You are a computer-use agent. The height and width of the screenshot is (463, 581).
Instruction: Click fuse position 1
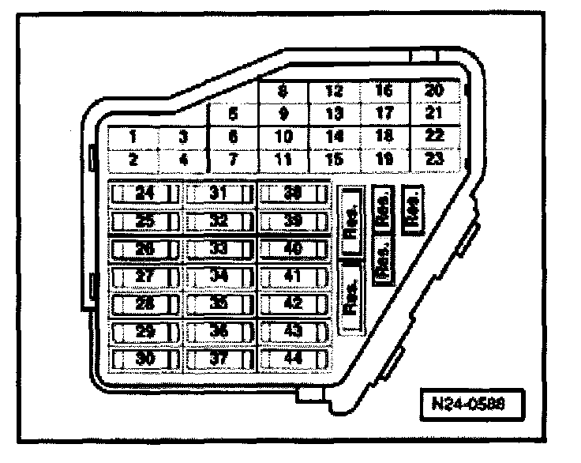point(134,136)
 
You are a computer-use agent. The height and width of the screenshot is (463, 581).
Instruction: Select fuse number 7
point(232,158)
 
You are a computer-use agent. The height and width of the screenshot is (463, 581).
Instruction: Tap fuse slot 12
point(334,91)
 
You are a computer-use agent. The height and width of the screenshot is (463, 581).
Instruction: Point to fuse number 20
point(434,91)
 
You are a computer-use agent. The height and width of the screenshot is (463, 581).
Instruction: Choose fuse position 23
point(434,158)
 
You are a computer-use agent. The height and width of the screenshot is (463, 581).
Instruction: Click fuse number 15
point(334,158)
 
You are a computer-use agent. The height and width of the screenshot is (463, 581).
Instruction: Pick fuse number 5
point(232,114)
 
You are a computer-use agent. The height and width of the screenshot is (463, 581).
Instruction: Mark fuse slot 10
point(283,136)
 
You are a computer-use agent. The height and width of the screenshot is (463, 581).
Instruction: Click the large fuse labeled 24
point(144,193)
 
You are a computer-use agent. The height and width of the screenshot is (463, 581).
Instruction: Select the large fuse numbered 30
point(144,359)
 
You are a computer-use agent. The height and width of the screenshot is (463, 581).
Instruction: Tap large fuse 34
point(218,276)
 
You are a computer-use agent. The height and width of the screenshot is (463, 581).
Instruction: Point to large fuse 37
point(218,359)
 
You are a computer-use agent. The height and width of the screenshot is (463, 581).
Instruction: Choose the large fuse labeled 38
point(293,193)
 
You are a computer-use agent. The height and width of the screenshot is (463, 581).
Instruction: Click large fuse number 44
point(293,359)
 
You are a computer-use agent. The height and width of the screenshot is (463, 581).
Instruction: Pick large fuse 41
point(293,276)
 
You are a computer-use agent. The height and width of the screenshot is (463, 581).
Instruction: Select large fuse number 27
point(144,276)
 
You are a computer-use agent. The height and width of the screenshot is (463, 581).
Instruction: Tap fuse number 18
point(384,136)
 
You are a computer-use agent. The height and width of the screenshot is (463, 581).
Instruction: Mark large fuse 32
point(218,220)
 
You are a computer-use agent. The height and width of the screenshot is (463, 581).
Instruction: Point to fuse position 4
point(183,158)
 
